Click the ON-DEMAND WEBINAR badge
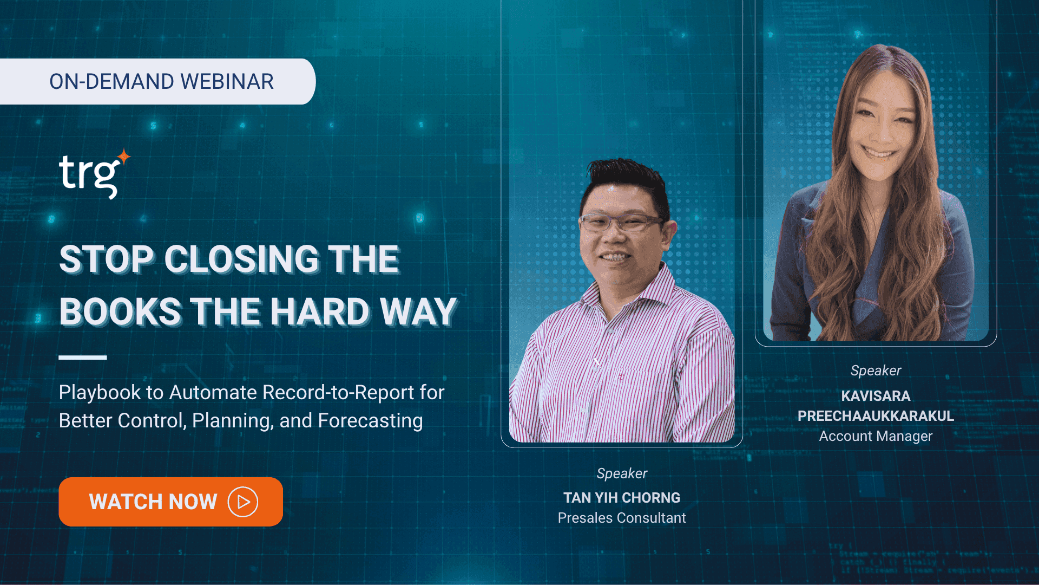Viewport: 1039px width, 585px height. pos(157,81)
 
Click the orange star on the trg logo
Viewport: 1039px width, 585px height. pos(124,157)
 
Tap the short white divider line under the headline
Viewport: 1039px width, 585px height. pos(83,357)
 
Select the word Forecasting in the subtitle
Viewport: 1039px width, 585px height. pos(370,421)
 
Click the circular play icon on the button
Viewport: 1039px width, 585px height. pos(243,502)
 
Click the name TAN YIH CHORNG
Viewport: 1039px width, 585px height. pos(622,497)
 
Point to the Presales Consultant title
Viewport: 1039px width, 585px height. pos(622,518)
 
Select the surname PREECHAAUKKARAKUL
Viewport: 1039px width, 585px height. pos(876,416)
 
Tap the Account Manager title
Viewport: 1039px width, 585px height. pos(876,436)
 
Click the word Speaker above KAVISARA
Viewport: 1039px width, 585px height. pos(876,370)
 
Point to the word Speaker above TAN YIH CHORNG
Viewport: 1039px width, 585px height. pos(622,473)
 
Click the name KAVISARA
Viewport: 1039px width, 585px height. pos(876,396)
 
